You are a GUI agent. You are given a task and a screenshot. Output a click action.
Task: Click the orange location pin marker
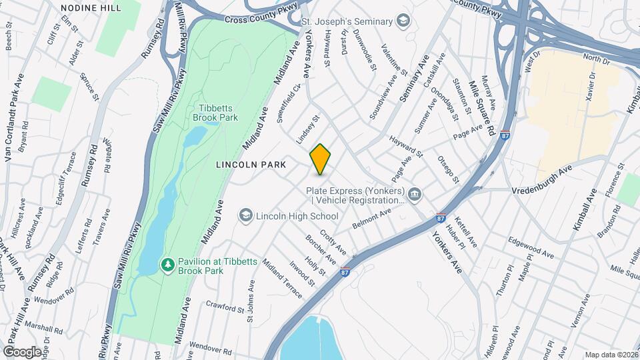(321, 159)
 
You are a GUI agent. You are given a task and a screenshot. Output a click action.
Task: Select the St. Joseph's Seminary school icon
(403, 21)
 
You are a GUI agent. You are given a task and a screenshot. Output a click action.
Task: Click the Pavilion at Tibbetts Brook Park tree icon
(168, 265)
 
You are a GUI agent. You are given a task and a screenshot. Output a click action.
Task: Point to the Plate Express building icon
(415, 194)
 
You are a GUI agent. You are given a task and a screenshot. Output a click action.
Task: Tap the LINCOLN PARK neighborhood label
(251, 165)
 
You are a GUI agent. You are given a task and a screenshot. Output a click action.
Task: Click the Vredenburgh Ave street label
(543, 181)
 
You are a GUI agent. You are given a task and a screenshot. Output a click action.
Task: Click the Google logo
(22, 351)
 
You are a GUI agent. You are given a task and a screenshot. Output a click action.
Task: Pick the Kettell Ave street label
(466, 230)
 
